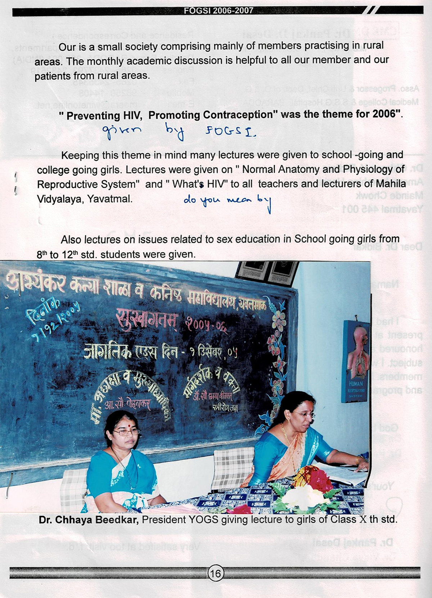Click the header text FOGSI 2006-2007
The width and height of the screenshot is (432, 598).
[219, 11]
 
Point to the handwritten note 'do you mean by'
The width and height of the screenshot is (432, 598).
[227, 201]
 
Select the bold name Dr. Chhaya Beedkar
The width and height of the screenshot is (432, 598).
[89, 520]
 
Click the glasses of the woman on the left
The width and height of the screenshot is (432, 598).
[126, 432]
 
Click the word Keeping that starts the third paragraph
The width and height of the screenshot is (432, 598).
[80, 155]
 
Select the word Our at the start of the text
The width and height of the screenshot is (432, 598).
[66, 47]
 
